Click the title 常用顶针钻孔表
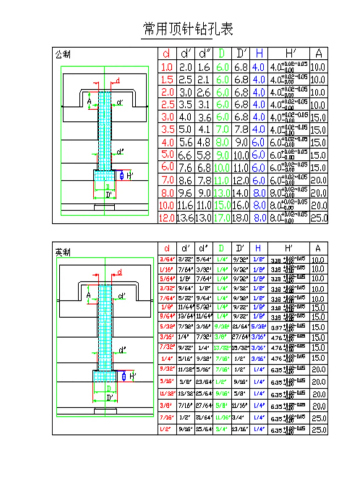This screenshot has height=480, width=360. point(188,29)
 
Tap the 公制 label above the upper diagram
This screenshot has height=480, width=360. point(63,54)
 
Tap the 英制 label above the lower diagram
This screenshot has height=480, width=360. point(63,252)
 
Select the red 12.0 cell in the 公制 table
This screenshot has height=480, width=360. point(167,218)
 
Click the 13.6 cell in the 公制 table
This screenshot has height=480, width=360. point(185,218)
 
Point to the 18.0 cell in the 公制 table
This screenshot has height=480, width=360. point(240,218)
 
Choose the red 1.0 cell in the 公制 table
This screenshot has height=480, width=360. point(167,67)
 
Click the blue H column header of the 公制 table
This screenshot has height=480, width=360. point(259,53)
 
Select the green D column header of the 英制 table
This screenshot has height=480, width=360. point(221,249)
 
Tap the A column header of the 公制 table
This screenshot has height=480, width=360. point(319,53)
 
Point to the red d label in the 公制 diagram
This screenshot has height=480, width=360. point(117,81)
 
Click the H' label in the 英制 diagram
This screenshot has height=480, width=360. point(132,377)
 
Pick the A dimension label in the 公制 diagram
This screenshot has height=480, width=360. point(89,101)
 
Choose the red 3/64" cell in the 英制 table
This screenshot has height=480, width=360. point(167,260)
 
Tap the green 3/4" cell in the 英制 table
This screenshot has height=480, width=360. point(221,429)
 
